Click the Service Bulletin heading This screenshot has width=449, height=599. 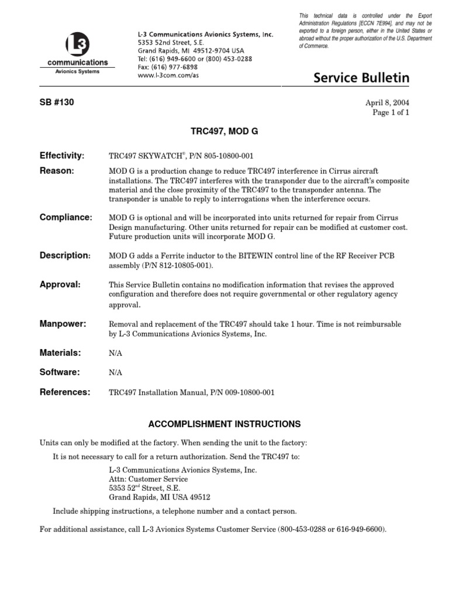361,78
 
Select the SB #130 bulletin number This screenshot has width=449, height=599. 57,102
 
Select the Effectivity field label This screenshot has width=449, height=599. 62,156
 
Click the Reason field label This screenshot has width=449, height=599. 57,171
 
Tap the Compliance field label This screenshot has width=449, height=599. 66,218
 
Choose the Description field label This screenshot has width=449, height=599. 65,256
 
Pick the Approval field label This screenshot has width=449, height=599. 60,284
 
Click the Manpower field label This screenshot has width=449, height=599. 63,324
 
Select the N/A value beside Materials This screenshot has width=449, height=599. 116,354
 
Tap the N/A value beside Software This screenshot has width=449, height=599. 116,373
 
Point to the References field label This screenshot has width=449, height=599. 65,392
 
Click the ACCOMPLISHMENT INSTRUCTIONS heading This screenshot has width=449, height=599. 224,424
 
